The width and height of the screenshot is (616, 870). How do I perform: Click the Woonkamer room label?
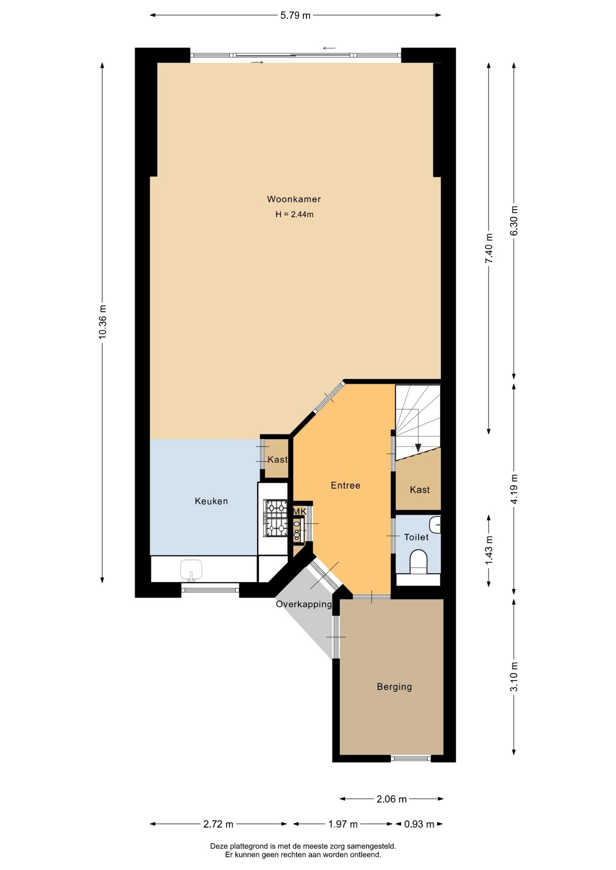click(x=293, y=199)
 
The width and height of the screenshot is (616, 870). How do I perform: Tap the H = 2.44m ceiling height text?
click(x=294, y=214)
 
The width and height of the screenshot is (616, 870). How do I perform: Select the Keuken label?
click(x=211, y=501)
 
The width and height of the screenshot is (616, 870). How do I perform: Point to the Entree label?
click(x=346, y=485)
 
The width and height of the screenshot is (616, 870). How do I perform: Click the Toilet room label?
click(x=416, y=537)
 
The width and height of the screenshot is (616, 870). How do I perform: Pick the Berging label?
click(x=395, y=687)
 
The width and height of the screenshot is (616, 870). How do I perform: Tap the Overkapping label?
click(x=304, y=604)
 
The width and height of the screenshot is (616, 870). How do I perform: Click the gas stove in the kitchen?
click(x=276, y=518)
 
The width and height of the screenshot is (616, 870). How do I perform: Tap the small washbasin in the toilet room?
click(x=435, y=525)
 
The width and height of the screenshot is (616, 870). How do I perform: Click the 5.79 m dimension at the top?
click(x=295, y=15)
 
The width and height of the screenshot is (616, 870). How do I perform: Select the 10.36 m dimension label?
click(x=103, y=322)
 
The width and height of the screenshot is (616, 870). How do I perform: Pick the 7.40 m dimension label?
click(x=489, y=248)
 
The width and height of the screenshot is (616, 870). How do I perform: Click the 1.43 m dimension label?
click(x=489, y=551)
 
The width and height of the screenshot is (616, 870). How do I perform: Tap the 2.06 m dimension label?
click(x=391, y=799)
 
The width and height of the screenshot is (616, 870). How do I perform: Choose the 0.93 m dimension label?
click(x=419, y=824)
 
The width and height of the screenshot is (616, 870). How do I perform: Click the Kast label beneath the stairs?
click(x=420, y=490)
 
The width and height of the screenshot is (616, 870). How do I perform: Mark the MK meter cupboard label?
click(x=299, y=512)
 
